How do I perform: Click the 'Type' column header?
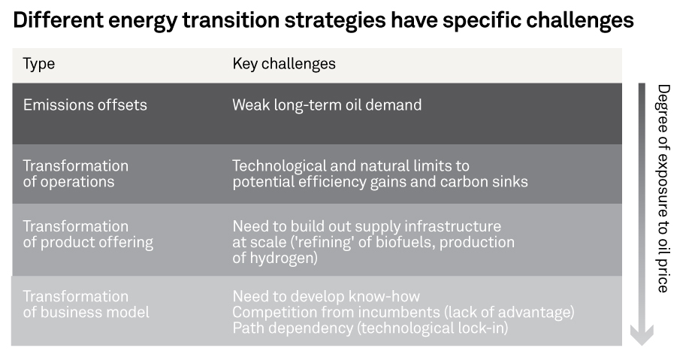(x=39, y=64)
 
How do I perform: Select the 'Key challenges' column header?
(x=284, y=64)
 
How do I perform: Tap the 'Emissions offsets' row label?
(x=85, y=104)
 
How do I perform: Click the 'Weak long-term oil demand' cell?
(x=327, y=104)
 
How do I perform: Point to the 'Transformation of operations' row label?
(x=76, y=174)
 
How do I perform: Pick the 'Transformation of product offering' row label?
(x=88, y=234)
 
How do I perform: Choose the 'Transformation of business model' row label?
(x=86, y=304)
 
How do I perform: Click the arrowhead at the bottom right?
(x=642, y=335)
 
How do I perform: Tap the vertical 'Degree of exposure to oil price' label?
(x=663, y=189)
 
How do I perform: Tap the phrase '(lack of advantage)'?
(x=509, y=313)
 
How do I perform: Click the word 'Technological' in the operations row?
(x=279, y=166)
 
